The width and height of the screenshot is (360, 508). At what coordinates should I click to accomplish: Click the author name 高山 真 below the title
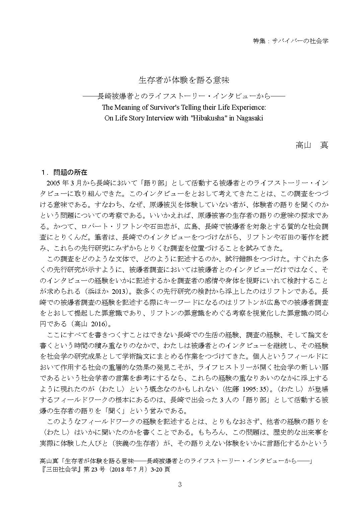[311, 145]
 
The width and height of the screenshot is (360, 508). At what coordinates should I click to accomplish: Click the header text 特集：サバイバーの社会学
[290, 41]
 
